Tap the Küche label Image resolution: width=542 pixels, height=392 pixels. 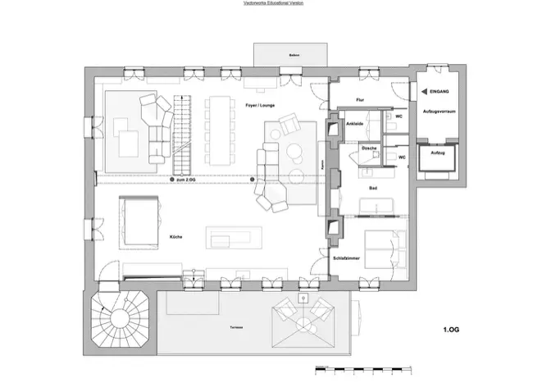(175, 236)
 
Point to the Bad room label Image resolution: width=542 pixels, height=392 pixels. (372, 189)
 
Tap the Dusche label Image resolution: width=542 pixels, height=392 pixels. (369, 148)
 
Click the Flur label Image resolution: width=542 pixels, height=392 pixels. (359, 100)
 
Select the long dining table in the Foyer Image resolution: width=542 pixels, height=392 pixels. (220, 129)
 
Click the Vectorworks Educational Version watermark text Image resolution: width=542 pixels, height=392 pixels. (271, 4)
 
